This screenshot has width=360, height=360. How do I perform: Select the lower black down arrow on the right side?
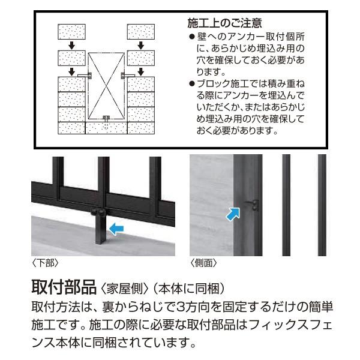pos(141,70)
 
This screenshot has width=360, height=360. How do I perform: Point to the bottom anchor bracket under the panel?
pos(106,118)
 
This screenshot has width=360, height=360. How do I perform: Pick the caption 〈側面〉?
pos(203,263)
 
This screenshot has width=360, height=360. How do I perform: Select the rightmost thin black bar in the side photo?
pos(322,205)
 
